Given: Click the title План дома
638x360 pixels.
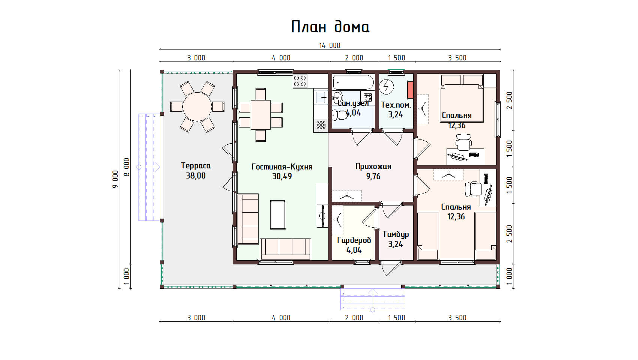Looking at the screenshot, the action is coord(330,27).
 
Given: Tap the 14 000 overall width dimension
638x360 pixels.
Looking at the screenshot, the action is coord(330,45).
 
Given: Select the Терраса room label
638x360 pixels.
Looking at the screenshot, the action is coord(196,166).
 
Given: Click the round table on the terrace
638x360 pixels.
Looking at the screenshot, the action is coord(197,107).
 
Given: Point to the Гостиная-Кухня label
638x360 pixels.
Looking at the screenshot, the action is coord(282,166).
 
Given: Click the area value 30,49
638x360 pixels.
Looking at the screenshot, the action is coord(282,177).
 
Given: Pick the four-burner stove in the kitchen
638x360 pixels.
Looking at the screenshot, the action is coord(300,81).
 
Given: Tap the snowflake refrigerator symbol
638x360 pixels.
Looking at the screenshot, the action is coord(321,125).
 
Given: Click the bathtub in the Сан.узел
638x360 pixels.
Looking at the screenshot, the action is coord(353,82).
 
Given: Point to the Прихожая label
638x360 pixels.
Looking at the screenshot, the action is coord(373,166).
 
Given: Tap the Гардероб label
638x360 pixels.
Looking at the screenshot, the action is coord(354,240).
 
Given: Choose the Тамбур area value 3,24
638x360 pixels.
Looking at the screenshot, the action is coord(396,244).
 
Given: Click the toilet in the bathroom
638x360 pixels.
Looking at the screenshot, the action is coord(340,115).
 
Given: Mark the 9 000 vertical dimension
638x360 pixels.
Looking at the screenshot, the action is coord(115,179).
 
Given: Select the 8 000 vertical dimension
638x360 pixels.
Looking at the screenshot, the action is coord(127,167).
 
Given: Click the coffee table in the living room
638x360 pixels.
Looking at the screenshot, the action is coord(278,214).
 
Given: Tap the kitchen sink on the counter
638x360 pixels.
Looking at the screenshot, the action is coord(321,97).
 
